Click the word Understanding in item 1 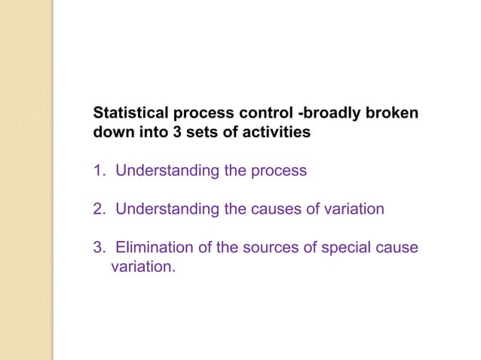coord(167,170)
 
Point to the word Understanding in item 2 coord(167,208)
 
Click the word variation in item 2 coord(353,208)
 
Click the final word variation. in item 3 coord(142,265)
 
